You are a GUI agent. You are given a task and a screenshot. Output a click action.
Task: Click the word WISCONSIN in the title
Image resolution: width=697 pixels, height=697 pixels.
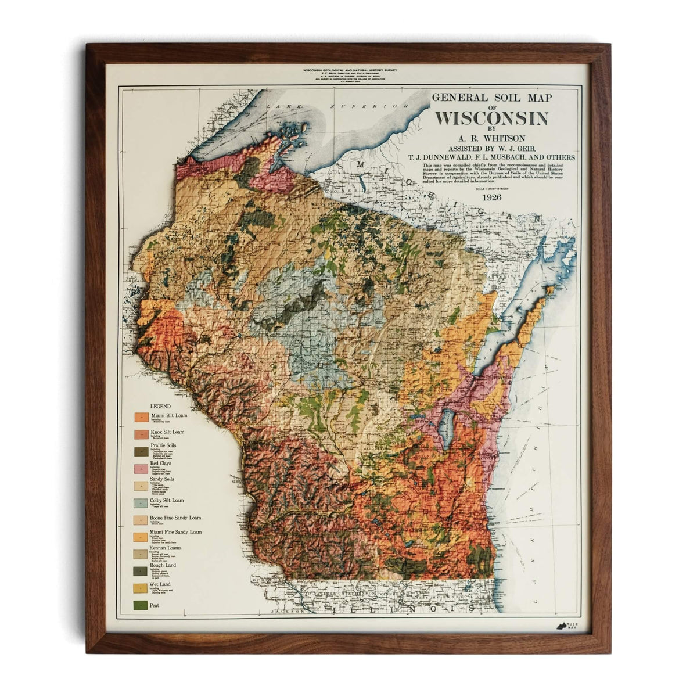(x=491, y=118)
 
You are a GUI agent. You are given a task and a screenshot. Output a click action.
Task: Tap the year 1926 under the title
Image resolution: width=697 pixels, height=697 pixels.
(x=491, y=196)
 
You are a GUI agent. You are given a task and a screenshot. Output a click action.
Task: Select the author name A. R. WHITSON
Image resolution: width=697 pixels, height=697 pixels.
(x=491, y=138)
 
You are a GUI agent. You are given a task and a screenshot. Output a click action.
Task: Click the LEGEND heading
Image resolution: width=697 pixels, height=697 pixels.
(x=160, y=405)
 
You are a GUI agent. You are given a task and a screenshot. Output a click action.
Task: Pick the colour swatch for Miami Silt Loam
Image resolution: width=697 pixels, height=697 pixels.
(x=141, y=418)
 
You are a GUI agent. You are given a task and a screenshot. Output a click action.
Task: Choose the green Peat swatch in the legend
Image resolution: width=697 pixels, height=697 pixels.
(x=141, y=605)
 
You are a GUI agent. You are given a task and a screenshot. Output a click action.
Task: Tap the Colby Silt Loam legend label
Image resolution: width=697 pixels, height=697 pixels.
(x=167, y=500)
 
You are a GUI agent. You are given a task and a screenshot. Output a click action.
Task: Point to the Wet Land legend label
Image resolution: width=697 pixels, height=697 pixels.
(x=161, y=582)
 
